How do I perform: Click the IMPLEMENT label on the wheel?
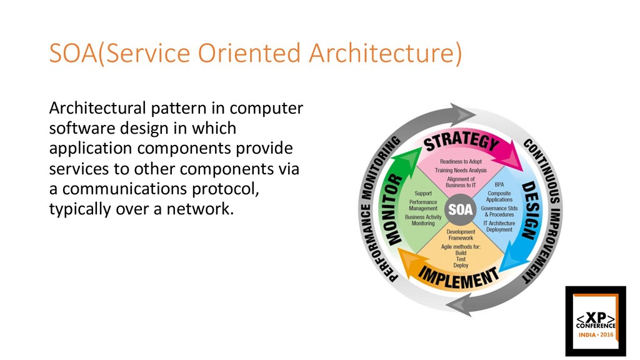point(459,276)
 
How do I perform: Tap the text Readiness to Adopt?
point(461,162)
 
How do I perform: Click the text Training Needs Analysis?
point(461,171)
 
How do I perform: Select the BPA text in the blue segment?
point(499,185)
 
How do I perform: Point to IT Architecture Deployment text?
point(499,226)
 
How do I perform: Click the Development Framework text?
point(460,235)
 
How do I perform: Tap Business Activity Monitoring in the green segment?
point(423,220)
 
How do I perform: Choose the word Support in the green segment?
point(423,194)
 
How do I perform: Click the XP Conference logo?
point(595,321)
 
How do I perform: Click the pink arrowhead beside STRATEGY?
point(514,154)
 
